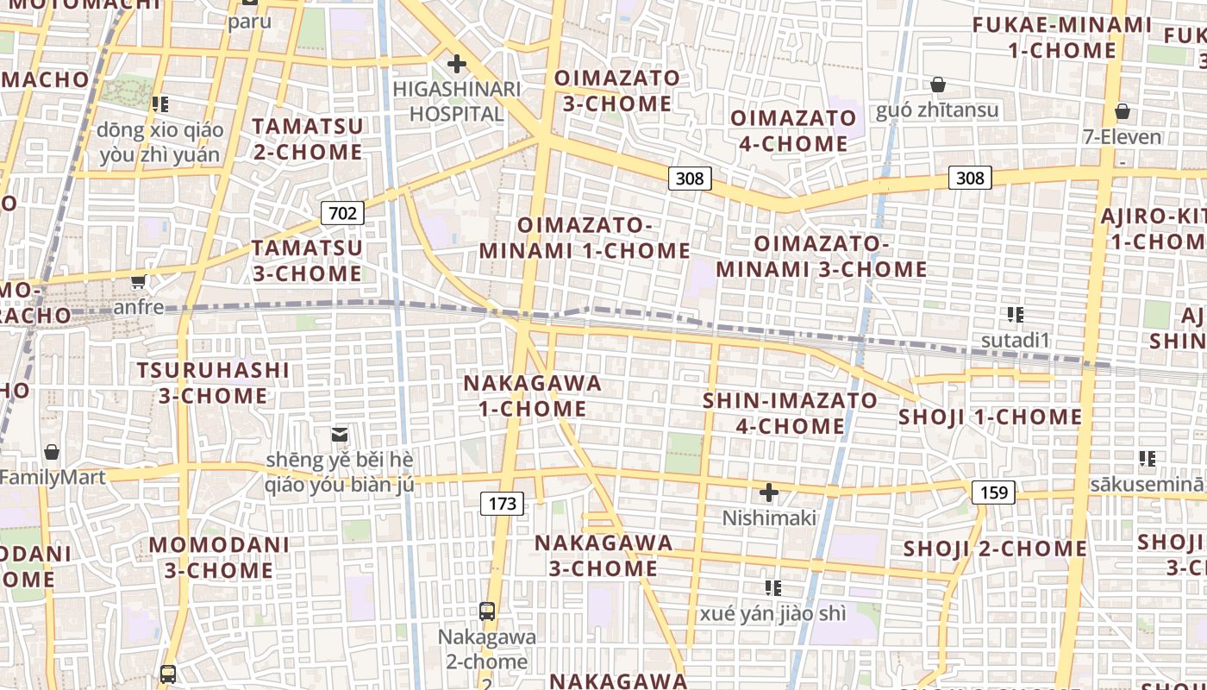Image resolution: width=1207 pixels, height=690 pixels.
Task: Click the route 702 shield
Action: (342, 213)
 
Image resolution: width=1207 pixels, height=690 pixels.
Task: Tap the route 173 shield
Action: (502, 503)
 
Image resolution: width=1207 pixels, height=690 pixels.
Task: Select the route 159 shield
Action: (994, 492)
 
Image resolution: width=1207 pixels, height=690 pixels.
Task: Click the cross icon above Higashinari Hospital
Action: (456, 64)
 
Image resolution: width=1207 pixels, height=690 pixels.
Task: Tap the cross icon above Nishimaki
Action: (768, 492)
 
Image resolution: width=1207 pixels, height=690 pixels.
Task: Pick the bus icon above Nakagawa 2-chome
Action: (487, 612)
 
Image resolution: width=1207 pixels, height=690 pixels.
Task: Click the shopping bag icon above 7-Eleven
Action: (1122, 111)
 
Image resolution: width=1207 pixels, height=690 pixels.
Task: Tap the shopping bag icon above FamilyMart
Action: (52, 452)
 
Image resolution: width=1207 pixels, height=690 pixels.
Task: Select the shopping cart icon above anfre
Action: (138, 281)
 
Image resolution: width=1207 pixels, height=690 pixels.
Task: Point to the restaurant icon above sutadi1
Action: (1015, 315)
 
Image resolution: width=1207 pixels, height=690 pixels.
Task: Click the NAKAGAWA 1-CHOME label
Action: (533, 396)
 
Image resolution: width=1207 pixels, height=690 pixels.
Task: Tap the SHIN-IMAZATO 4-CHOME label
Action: (790, 413)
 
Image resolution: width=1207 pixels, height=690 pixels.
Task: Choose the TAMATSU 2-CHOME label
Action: (307, 139)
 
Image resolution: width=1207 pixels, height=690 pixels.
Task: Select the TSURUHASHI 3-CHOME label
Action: (214, 383)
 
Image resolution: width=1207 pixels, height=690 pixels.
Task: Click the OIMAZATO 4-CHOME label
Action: (793, 130)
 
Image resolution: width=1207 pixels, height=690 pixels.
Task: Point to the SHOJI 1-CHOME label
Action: (990, 417)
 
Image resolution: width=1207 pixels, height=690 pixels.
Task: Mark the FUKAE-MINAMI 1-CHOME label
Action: (1061, 37)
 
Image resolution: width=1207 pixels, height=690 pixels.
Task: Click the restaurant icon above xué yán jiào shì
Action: (773, 588)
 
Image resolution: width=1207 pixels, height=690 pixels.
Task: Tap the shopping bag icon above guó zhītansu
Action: (937, 85)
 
